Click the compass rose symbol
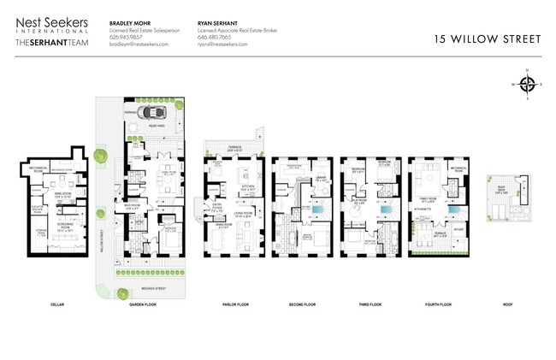tap(528, 84)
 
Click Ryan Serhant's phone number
tap(214, 37)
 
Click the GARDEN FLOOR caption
tap(142, 303)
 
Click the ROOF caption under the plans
tap(506, 303)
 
